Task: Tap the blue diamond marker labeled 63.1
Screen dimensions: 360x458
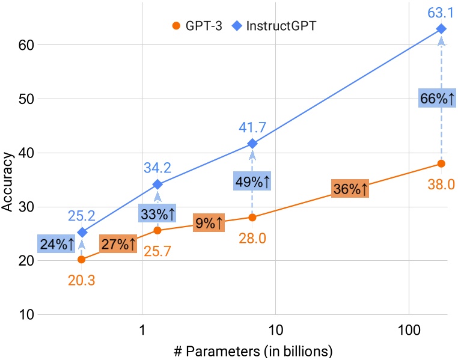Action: [x=441, y=29]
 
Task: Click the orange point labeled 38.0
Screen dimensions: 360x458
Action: [x=441, y=163]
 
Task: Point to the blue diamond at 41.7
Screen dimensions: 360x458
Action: [x=252, y=144]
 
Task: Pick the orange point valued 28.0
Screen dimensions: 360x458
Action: [x=252, y=217]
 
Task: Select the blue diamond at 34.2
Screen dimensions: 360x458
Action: [x=157, y=184]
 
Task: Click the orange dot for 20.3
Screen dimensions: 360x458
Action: [x=82, y=260]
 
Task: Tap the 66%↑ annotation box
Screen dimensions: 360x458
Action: [x=436, y=99]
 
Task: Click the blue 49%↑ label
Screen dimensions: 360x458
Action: [x=252, y=181]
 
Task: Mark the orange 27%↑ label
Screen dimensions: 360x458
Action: [x=119, y=244]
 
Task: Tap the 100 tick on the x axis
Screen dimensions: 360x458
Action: [x=409, y=331]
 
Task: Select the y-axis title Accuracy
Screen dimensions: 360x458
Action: [x=8, y=180]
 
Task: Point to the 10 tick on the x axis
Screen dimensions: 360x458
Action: [x=275, y=331]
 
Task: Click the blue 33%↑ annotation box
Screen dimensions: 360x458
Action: [x=157, y=213]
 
